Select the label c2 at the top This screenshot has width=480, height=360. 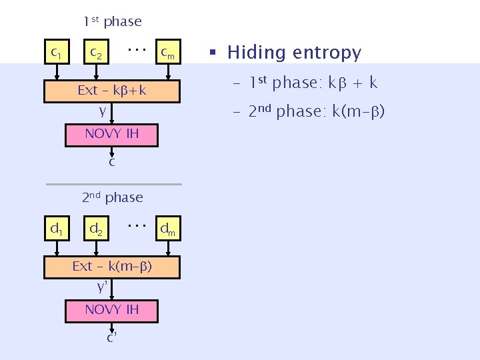pyautogui.click(x=96, y=51)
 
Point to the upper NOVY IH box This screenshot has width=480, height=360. pyautogui.click(x=112, y=134)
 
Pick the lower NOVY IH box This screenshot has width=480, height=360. pyautogui.click(x=112, y=309)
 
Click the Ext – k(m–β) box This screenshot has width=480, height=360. pyautogui.click(x=112, y=267)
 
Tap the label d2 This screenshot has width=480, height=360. pyautogui.click(x=96, y=229)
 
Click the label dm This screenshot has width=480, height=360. pyautogui.click(x=167, y=230)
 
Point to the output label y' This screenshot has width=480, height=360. pyautogui.click(x=103, y=287)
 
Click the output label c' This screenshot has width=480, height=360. pyautogui.click(x=113, y=337)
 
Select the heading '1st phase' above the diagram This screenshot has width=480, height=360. pyautogui.click(x=112, y=21)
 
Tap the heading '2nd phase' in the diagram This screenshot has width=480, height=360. pyautogui.click(x=112, y=197)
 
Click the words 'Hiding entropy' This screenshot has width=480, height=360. pyautogui.click(x=294, y=53)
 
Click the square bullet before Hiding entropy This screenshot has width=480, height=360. pyautogui.click(x=213, y=53)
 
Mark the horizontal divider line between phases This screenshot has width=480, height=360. pyautogui.click(x=113, y=183)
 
